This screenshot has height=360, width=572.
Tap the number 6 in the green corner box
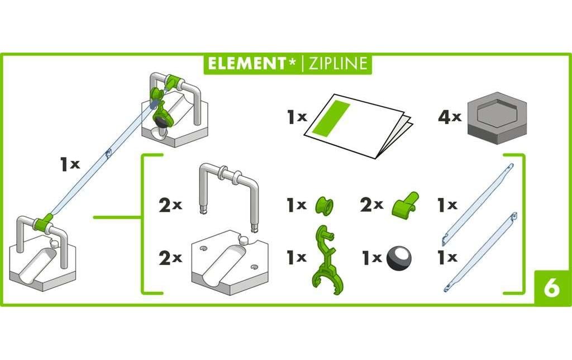pos(550,288)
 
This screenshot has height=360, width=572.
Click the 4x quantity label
pos(449,117)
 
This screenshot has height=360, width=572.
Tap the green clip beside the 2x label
pos(404,205)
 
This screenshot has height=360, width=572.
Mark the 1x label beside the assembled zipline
pos(70,164)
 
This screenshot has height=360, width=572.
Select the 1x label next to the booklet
pos(297,117)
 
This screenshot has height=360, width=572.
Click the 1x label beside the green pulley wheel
pos(297,205)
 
